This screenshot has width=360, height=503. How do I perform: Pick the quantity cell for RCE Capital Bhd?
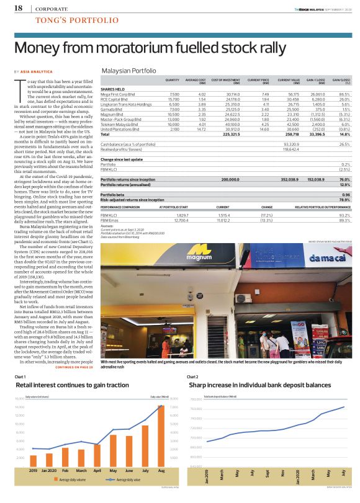point(174,99)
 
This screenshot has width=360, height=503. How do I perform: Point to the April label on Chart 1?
point(96,472)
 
